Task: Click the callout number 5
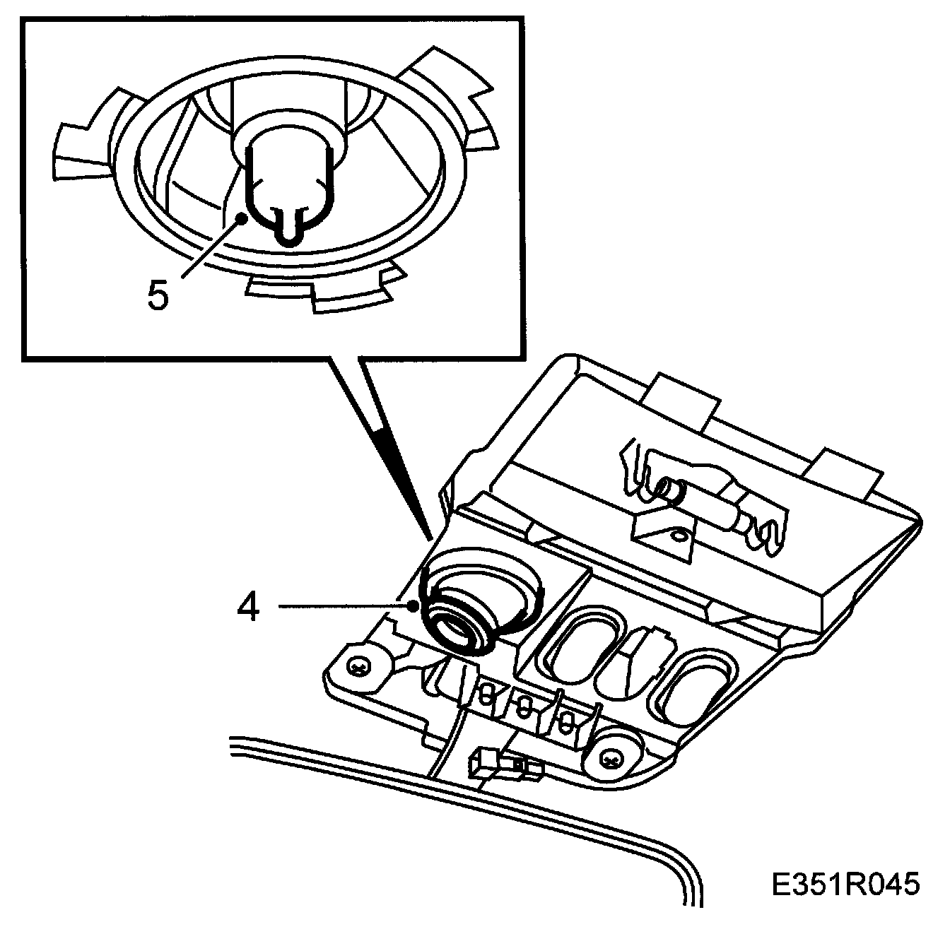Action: (158, 295)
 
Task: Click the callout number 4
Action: (248, 608)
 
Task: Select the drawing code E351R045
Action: (845, 885)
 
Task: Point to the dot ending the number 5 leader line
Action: (242, 218)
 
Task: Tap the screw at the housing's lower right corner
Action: (610, 759)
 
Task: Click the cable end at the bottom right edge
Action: (696, 897)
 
